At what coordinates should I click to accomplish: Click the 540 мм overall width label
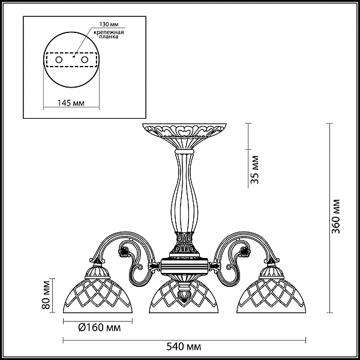[184, 346]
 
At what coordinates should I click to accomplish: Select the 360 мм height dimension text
[337, 217]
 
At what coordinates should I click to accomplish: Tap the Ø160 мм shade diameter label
[99, 328]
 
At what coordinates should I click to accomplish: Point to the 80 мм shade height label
[46, 295]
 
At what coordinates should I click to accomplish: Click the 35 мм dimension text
[254, 170]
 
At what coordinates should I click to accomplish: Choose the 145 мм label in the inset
[71, 103]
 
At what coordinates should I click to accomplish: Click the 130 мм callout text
[109, 25]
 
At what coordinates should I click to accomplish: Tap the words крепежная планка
[109, 34]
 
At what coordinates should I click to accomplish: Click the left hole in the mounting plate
[59, 60]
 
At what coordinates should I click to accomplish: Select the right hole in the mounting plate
[85, 60]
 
